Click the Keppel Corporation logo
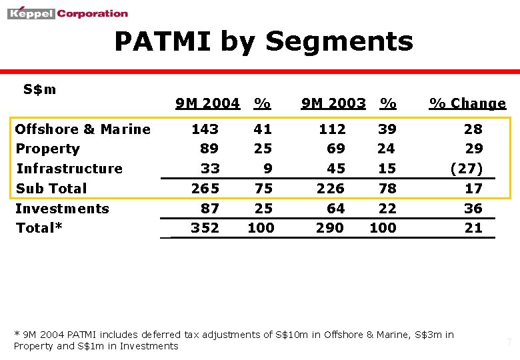click(x=67, y=13)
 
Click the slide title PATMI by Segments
click(x=263, y=41)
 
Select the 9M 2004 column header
click(x=207, y=103)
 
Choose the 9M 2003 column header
click(x=333, y=103)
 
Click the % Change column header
click(x=467, y=103)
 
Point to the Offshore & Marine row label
click(x=83, y=129)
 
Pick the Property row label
click(x=47, y=149)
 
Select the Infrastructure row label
click(x=69, y=169)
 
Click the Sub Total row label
click(x=51, y=188)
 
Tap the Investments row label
click(x=62, y=209)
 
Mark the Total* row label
click(x=39, y=228)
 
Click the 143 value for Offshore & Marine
click(x=205, y=129)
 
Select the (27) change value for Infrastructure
click(x=467, y=169)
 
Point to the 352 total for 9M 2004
click(x=205, y=228)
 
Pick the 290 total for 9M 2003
click(x=330, y=228)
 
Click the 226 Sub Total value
click(x=331, y=188)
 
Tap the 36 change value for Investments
click(x=473, y=209)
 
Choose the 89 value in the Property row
click(x=209, y=149)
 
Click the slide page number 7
click(x=509, y=343)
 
